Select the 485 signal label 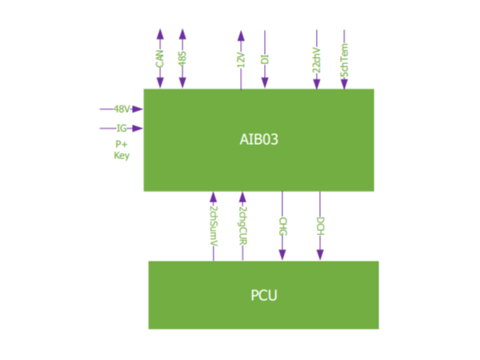(x=182, y=58)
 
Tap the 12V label (x=241, y=58)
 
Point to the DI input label (x=265, y=58)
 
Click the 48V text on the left (x=122, y=109)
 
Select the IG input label (x=122, y=128)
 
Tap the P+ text (x=122, y=144)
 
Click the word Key (x=122, y=156)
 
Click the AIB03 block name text (x=258, y=139)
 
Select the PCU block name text (x=263, y=295)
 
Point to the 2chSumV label (x=213, y=225)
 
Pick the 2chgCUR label (x=242, y=225)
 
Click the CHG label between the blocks (x=282, y=225)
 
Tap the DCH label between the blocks (x=320, y=225)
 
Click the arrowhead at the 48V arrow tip (x=138, y=109)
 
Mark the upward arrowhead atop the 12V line (x=241, y=35)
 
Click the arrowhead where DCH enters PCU (x=320, y=255)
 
